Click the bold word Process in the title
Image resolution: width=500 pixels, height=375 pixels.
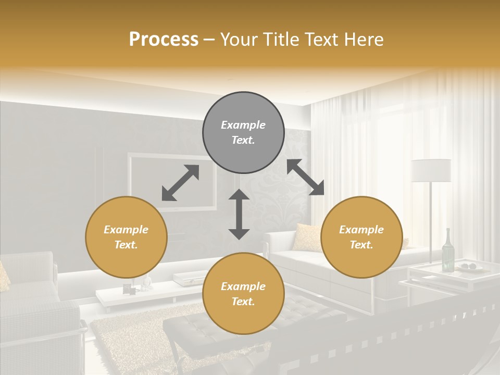coord(164,40)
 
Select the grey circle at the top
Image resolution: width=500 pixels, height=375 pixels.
coord(243,132)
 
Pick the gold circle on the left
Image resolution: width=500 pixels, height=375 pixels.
coord(126,237)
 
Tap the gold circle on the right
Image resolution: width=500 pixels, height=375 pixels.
coord(361,237)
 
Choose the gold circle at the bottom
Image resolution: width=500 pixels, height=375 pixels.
coord(243,294)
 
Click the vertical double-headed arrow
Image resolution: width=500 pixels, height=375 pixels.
coord(239,214)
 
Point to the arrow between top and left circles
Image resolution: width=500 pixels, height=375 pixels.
coord(180,182)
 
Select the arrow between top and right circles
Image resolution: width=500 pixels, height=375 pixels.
coord(305,177)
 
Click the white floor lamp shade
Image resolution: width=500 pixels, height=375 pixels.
coord(431,170)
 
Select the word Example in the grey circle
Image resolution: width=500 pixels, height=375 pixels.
coord(243,125)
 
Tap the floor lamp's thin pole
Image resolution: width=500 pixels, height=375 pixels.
coord(431,219)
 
